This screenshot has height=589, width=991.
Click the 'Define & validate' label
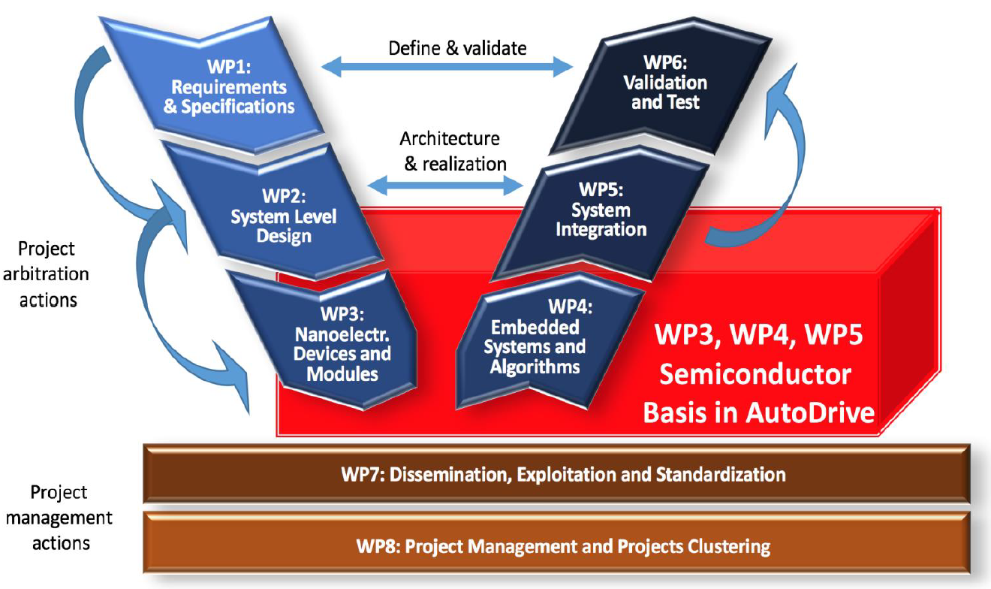[457, 48]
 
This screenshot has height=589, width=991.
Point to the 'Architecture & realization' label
[450, 151]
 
